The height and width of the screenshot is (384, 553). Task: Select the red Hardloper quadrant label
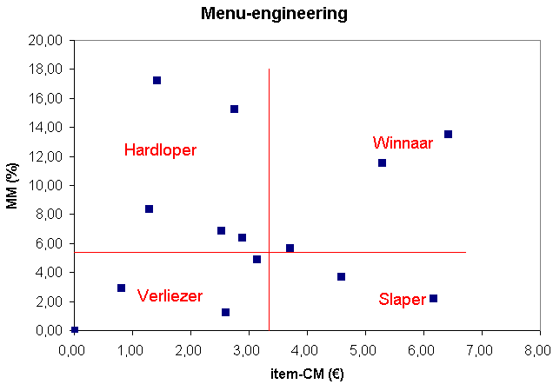[160, 150]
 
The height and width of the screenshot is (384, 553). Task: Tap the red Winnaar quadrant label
[403, 142]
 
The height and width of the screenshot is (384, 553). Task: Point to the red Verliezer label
[170, 296]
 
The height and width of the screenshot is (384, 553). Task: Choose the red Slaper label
[402, 300]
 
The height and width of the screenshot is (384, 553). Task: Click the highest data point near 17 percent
[157, 80]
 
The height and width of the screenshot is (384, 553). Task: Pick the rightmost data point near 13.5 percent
[448, 134]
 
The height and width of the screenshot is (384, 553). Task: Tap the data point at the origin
[75, 329]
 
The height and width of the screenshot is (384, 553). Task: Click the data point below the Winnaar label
[382, 162]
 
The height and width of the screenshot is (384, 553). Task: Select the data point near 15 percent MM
[234, 109]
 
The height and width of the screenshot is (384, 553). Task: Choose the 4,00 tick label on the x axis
[306, 350]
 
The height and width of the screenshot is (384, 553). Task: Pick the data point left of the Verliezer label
[121, 288]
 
